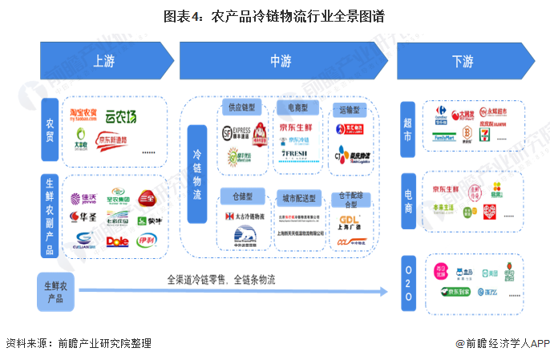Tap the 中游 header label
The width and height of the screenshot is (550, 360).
[x=280, y=61]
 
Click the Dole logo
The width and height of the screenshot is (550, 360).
[x=119, y=240]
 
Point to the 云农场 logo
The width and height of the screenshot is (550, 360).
[x=120, y=117]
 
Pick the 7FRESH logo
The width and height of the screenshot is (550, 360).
[x=295, y=153]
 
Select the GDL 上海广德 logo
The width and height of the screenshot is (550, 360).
[x=348, y=220]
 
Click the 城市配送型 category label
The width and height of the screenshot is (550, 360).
[x=297, y=197]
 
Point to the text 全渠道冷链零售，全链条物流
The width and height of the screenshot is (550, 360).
[x=220, y=280]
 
